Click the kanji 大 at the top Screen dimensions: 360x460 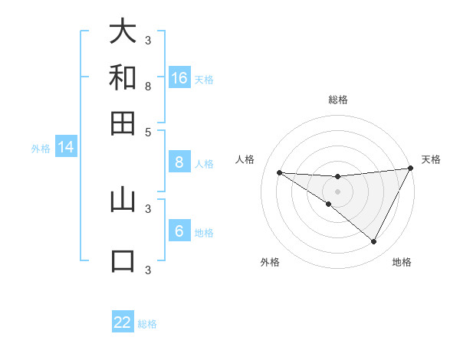point(123,31)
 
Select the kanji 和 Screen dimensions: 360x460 point(123,77)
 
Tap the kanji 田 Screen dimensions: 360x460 point(123,123)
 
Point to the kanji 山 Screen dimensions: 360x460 point(123,200)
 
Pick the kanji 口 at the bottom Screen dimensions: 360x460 point(123,260)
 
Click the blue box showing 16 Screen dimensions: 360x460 point(179,78)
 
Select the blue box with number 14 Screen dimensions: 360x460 point(66,148)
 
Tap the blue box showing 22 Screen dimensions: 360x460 point(123,322)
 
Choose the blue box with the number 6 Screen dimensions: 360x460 point(179,231)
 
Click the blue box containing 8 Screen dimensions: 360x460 point(179,162)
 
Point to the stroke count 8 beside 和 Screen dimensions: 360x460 point(148,87)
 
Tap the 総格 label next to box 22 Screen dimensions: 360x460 point(147,324)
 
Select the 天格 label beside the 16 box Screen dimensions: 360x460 point(204,80)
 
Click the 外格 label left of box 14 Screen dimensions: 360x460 point(41,149)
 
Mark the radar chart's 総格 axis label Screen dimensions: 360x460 point(337,100)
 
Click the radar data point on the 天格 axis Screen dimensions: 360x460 point(409,169)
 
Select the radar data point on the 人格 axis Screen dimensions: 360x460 point(280,172)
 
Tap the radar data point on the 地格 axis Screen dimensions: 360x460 point(373,242)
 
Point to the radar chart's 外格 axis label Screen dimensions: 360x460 point(270,262)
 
